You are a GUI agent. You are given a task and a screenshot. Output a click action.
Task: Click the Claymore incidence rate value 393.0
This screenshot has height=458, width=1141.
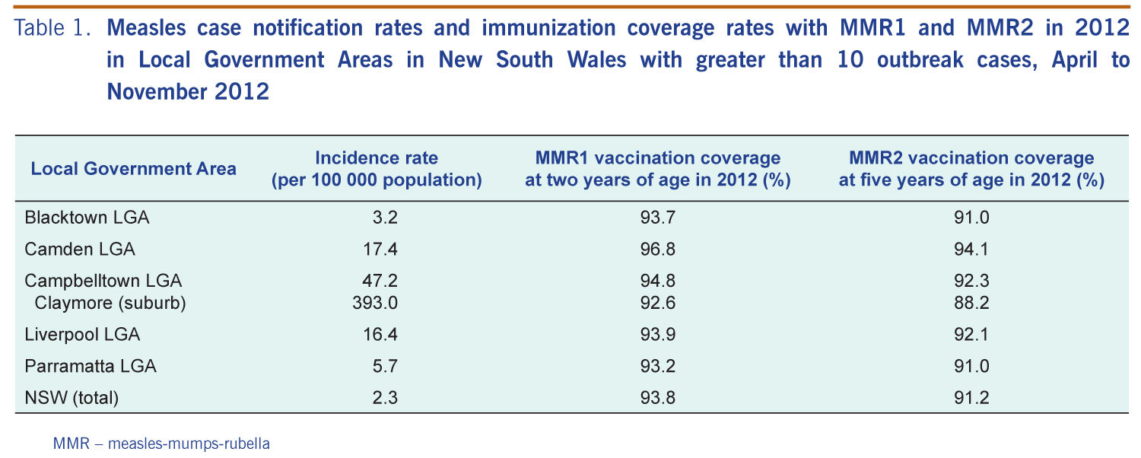(x=375, y=304)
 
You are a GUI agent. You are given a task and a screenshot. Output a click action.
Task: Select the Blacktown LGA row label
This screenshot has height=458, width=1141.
(x=87, y=218)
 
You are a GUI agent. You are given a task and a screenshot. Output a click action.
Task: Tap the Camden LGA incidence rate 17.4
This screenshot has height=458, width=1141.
(x=380, y=249)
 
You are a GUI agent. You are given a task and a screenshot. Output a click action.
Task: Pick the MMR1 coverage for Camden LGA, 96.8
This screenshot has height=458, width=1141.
(x=658, y=249)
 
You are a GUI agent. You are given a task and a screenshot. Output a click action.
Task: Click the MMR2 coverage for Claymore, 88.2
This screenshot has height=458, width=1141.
(x=971, y=304)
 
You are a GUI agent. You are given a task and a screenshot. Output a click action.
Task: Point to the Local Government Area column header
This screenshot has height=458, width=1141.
(x=133, y=168)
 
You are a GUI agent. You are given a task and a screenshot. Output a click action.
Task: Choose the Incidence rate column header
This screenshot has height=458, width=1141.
(x=377, y=169)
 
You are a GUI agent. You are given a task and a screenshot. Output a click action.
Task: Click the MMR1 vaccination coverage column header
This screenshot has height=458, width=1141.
(x=658, y=169)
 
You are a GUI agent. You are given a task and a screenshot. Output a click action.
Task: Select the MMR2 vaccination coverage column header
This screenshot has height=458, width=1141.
(x=971, y=169)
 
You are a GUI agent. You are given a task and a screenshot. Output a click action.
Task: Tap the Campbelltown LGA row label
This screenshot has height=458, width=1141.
(x=103, y=281)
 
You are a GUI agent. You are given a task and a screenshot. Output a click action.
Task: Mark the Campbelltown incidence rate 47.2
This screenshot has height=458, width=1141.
(x=380, y=281)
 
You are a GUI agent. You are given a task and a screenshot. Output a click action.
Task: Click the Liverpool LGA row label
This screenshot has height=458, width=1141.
(x=82, y=334)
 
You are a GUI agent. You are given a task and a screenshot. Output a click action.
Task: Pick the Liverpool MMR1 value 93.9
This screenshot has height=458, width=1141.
(x=658, y=334)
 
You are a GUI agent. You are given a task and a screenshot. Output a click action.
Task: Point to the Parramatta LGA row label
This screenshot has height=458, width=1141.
(x=91, y=366)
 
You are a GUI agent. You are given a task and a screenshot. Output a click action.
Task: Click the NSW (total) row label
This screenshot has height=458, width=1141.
(x=72, y=397)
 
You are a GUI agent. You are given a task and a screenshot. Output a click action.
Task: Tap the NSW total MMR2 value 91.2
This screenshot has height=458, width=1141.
(x=971, y=397)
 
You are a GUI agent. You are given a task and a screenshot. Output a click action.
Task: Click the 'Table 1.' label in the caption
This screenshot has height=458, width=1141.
(x=53, y=29)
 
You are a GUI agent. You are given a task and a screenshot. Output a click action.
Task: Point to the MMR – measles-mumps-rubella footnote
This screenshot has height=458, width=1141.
(x=161, y=443)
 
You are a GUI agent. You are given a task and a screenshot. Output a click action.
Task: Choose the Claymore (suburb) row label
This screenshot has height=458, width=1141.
(x=110, y=304)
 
